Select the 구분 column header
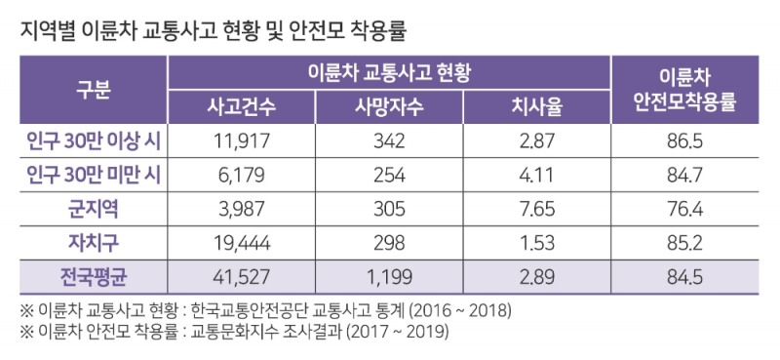pos(94,90)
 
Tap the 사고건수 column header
pos(241,107)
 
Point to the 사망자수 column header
pos(388,107)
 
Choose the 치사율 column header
pos(537,107)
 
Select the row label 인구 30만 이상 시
pos(94,140)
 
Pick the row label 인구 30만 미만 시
pos(94,175)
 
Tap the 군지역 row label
pos(94,208)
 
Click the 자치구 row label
pos(94,241)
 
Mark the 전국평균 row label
pos(94,275)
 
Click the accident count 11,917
pos(241,140)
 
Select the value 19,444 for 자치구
pos(241,241)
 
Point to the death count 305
pos(388,208)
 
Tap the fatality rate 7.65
pos(537,208)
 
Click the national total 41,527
pos(241,275)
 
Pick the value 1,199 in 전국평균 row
pos(388,275)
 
